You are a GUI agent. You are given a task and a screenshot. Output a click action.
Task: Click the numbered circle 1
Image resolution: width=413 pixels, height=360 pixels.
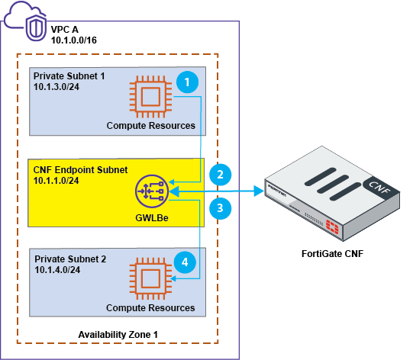[186, 82]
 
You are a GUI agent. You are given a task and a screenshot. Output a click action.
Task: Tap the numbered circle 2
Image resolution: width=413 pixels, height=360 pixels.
[220, 175]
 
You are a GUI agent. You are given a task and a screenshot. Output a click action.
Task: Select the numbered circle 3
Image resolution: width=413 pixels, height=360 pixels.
[220, 207]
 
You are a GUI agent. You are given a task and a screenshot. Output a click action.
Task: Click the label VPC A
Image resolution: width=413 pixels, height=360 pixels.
[65, 28]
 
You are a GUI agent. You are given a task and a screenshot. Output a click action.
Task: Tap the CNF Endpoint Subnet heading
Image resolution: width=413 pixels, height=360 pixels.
[80, 169]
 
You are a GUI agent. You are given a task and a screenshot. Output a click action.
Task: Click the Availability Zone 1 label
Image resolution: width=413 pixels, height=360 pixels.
[118, 335]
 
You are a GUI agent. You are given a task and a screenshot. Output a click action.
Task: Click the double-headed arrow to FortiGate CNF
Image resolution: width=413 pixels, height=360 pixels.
[237, 191]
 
